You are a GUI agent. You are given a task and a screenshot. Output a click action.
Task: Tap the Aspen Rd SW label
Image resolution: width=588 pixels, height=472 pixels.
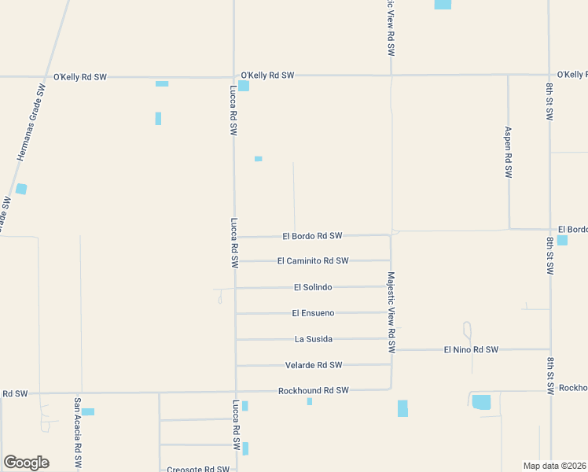point(508,153)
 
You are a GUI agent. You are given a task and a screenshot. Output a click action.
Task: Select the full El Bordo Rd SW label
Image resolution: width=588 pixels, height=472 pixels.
point(312,235)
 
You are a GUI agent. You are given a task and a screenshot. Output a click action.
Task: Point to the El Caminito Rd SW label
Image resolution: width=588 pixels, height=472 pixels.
point(312,260)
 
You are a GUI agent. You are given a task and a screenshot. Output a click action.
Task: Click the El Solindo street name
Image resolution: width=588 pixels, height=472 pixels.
point(314,287)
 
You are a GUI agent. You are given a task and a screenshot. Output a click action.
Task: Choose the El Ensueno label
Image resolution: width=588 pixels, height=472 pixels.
point(313,313)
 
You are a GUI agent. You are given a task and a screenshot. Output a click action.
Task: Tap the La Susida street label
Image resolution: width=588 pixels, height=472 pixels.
point(314,339)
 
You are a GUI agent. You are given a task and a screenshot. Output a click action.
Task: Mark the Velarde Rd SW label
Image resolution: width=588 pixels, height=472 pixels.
point(313,365)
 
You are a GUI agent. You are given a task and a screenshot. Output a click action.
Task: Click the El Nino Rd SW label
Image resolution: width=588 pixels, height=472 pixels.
point(471,349)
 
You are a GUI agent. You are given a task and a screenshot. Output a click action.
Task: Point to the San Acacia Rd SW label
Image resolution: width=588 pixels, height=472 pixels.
point(78,432)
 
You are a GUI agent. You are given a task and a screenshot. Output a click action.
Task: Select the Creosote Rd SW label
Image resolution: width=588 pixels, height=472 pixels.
point(198,469)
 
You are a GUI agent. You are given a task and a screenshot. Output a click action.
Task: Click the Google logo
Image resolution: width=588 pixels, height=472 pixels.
point(26,463)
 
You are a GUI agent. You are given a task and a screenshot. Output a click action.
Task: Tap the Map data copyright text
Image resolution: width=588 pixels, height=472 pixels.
point(554,465)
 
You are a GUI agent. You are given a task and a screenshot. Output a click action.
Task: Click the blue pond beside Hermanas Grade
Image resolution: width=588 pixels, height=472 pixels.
point(20,189)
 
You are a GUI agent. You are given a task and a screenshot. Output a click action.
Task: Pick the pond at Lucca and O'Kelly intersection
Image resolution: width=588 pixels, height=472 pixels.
point(244,86)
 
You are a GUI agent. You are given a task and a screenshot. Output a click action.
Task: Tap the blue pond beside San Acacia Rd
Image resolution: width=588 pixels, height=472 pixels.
point(88,411)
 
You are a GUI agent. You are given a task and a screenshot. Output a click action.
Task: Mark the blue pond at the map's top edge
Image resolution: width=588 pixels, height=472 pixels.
point(443,5)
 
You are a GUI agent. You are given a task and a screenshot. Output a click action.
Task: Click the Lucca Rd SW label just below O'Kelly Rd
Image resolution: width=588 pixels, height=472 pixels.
point(233,111)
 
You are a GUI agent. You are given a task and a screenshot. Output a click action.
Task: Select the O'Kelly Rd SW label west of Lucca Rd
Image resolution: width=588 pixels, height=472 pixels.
point(79,77)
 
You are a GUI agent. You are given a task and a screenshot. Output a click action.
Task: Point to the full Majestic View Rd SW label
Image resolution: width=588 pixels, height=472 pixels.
point(391,312)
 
